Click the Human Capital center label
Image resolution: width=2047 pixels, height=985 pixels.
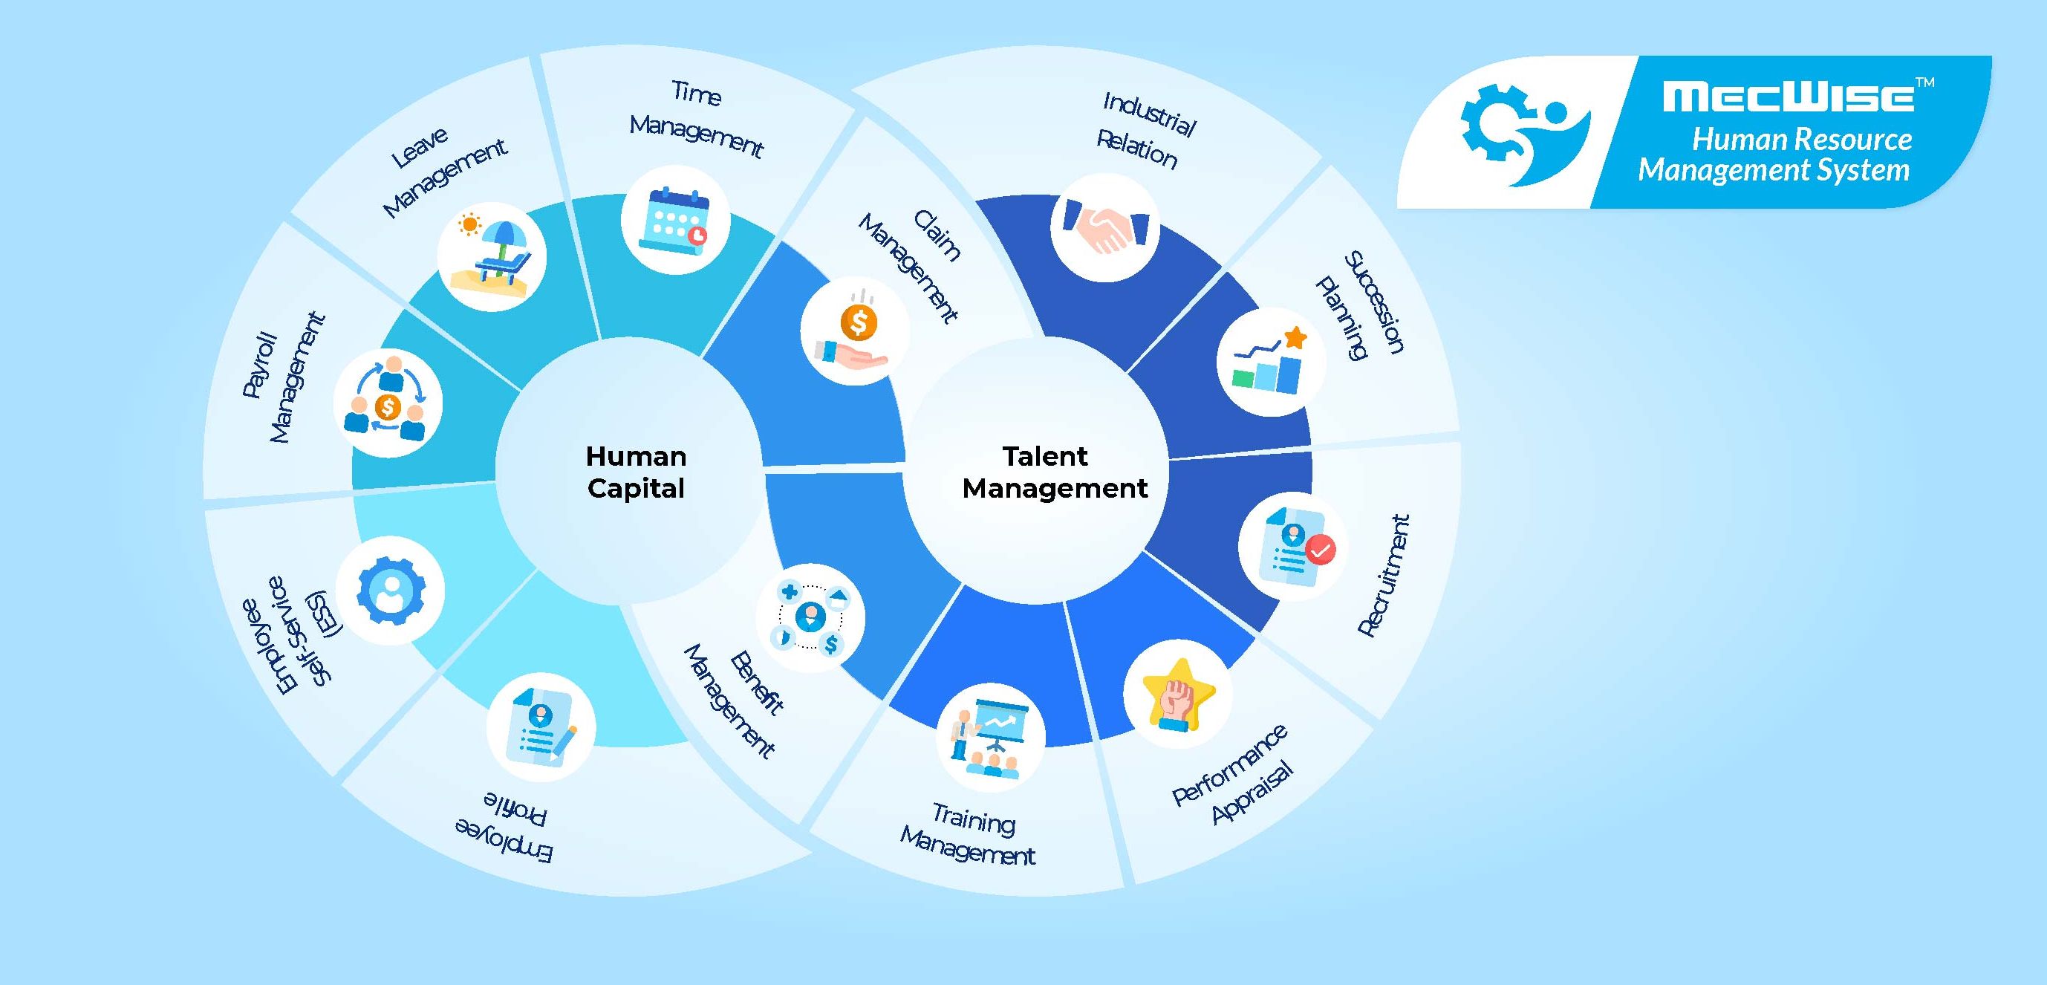(636, 472)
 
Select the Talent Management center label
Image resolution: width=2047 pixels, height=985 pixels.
(1054, 472)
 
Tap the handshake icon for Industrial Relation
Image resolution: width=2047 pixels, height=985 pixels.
(1104, 227)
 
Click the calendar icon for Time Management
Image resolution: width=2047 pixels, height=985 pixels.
(675, 220)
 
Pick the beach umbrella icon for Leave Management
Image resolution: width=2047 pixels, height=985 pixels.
(492, 256)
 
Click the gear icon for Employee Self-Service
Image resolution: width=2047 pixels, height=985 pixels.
(390, 590)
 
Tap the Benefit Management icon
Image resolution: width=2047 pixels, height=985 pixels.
(810, 618)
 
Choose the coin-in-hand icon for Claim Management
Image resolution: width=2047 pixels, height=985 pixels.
(854, 331)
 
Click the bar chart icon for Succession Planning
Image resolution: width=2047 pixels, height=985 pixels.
(1271, 362)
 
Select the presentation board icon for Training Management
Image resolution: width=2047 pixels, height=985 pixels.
(990, 737)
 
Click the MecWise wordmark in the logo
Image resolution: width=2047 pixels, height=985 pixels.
(1788, 97)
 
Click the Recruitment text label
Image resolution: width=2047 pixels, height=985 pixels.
(1384, 576)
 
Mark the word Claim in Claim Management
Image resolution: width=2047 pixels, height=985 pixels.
(937, 235)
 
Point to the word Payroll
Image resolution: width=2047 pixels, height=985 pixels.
(260, 364)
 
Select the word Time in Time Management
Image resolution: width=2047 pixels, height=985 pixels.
(696, 93)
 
